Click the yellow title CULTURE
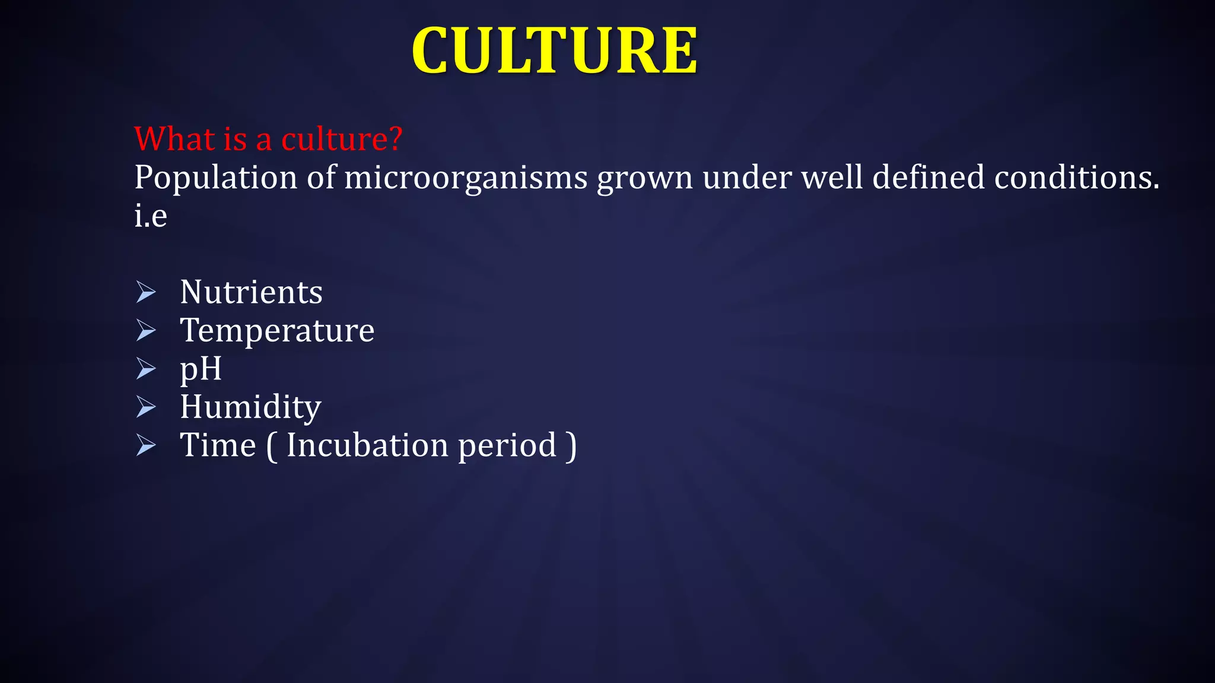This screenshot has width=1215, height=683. [x=554, y=51]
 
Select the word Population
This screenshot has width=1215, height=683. [x=215, y=178]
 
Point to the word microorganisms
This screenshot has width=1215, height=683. [x=466, y=178]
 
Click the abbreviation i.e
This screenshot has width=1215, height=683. [x=151, y=215]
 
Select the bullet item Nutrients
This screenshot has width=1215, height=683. [x=251, y=292]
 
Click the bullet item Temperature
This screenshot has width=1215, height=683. [x=277, y=330]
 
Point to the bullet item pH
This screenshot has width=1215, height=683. [x=201, y=369]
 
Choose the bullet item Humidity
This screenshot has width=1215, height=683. [x=250, y=407]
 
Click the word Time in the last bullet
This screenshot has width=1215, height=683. [x=218, y=445]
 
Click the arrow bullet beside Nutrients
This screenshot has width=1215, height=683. [x=146, y=292]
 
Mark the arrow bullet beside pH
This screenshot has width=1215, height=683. [x=146, y=368]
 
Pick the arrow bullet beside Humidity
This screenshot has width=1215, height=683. [x=146, y=407]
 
